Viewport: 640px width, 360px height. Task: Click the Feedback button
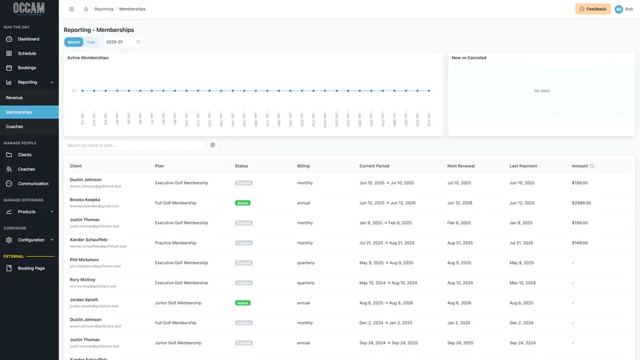[x=593, y=9]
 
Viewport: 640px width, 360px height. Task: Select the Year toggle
[x=91, y=42]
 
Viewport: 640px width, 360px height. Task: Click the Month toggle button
[x=73, y=42]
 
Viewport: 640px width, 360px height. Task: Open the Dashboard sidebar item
[x=28, y=39]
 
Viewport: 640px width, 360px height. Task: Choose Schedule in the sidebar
[x=27, y=53]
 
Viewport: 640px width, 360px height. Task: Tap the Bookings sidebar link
[x=27, y=68]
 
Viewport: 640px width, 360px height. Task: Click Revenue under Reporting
[x=14, y=98]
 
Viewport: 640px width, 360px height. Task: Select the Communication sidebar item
[x=33, y=183]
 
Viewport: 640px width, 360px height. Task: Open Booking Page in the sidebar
[x=31, y=268]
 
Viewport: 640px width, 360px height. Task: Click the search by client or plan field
[x=133, y=145]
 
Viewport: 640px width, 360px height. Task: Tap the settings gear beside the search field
[x=213, y=145]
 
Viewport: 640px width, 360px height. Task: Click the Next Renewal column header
[x=461, y=166]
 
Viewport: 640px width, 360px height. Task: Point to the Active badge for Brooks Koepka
[x=243, y=203]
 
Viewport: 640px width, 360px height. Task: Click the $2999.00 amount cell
[x=581, y=203]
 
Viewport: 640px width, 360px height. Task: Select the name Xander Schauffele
[x=89, y=239]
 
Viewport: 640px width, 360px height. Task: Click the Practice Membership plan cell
[x=175, y=243]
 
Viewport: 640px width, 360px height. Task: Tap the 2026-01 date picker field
[x=123, y=42]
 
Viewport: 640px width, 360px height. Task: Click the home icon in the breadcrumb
[x=86, y=9]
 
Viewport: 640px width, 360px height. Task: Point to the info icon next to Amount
[x=591, y=166]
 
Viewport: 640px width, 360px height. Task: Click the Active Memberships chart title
[x=88, y=58]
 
